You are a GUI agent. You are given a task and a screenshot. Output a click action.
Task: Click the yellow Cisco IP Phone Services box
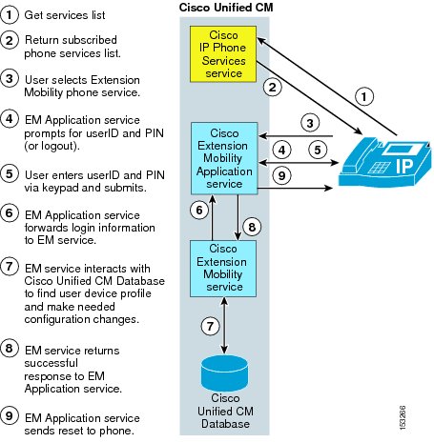click(223, 54)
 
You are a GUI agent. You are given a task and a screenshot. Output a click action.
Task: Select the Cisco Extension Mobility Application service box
click(224, 158)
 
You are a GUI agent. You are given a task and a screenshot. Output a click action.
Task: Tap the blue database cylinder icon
click(224, 373)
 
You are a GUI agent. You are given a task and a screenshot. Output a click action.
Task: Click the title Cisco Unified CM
click(226, 8)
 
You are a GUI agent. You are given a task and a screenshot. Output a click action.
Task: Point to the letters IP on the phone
click(404, 166)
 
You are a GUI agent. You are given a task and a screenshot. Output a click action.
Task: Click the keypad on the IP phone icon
click(379, 168)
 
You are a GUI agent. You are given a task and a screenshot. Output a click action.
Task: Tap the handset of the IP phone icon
click(361, 152)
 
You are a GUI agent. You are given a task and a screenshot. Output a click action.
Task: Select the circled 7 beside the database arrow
click(210, 326)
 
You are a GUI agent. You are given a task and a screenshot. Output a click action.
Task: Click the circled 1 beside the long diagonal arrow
click(364, 96)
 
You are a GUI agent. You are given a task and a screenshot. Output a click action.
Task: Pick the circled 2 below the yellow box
click(273, 87)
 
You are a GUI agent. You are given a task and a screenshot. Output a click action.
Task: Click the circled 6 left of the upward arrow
click(199, 210)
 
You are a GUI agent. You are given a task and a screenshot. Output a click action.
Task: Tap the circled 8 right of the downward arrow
click(252, 227)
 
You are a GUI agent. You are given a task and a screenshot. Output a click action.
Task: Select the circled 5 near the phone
click(318, 150)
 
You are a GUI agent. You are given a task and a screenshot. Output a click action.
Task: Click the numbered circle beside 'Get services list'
click(10, 14)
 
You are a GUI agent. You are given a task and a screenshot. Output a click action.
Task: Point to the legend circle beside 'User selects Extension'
click(10, 79)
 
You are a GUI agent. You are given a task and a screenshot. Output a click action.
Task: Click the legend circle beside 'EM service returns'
click(10, 348)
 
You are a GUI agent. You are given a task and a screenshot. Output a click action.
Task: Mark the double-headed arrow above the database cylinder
click(224, 325)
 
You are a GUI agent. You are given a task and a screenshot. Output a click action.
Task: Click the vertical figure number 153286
click(403, 417)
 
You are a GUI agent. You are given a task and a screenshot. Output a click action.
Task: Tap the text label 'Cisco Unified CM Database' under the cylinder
click(225, 411)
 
